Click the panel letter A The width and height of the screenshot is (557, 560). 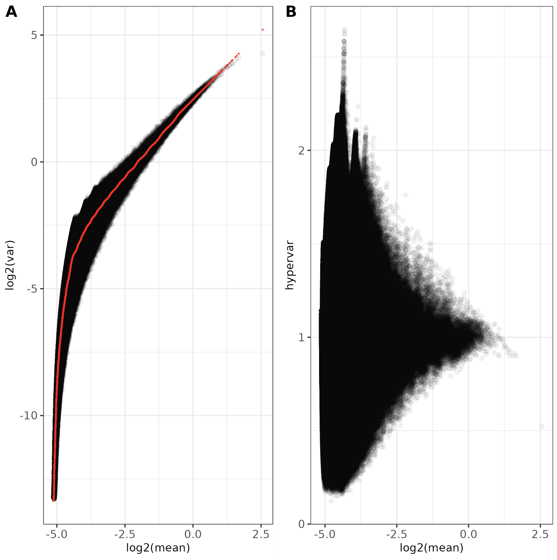[x=11, y=12]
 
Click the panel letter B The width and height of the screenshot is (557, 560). [x=291, y=12]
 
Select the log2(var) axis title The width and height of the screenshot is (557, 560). [x=10, y=265]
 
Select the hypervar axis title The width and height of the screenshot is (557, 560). [x=289, y=265]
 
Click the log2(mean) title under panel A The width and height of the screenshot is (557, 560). [x=158, y=548]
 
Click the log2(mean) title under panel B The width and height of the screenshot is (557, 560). [x=432, y=548]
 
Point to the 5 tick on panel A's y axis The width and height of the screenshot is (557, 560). [x=34, y=35]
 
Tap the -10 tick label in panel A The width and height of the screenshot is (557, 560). [x=29, y=416]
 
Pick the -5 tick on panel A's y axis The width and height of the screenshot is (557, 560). [x=32, y=289]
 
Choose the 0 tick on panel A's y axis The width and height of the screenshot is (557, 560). [x=34, y=162]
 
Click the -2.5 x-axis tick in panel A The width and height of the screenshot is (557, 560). [x=125, y=534]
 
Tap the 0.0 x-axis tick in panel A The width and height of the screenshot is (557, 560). [x=193, y=534]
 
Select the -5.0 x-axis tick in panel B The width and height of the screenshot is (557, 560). [x=325, y=534]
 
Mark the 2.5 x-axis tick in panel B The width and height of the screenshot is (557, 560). [x=540, y=534]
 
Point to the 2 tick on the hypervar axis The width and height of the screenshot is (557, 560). [x=302, y=151]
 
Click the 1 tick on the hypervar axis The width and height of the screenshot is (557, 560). [x=302, y=337]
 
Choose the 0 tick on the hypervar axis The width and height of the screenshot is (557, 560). [x=302, y=524]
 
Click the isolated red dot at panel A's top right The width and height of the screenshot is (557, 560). [x=262, y=30]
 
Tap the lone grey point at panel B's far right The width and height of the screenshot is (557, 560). [x=542, y=427]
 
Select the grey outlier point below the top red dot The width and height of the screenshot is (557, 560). [x=262, y=53]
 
